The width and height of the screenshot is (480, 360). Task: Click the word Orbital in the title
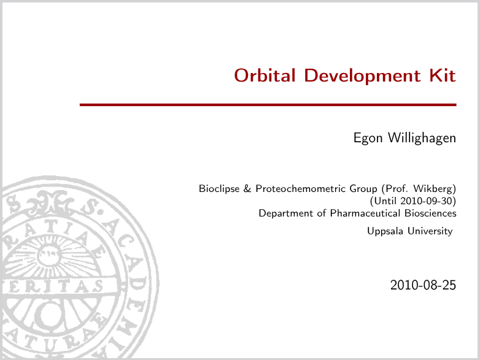265,75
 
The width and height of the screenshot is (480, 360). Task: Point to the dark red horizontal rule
268,105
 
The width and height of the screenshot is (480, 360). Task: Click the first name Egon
368,138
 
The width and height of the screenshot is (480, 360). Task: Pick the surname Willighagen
422,138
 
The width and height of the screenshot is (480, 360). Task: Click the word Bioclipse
219,189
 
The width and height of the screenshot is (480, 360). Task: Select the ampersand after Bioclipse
247,188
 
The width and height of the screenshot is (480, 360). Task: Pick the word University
430,231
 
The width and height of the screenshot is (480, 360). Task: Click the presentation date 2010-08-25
423,285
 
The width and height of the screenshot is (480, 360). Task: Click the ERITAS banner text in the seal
55,286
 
